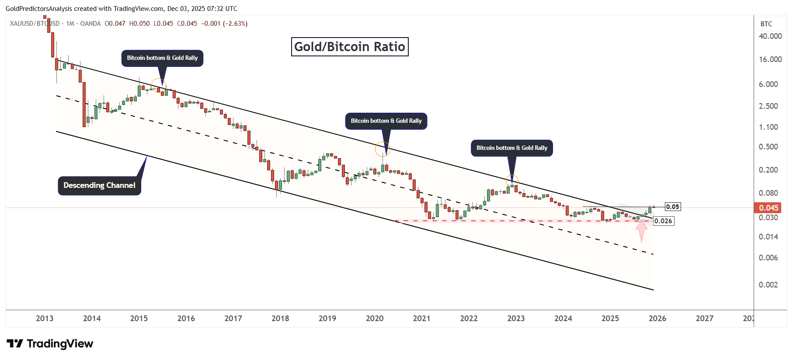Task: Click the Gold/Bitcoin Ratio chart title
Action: coord(350,47)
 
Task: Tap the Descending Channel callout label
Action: coord(99,185)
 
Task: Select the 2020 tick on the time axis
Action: coord(375,318)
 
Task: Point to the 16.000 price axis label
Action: coord(770,59)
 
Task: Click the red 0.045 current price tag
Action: coord(768,208)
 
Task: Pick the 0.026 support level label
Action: coord(663,221)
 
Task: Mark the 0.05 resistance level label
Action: coord(672,207)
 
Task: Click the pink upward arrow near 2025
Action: coord(641,230)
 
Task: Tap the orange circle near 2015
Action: coord(158,85)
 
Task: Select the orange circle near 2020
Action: coord(383,149)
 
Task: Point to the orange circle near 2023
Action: coord(512,180)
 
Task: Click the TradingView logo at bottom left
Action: coord(50,344)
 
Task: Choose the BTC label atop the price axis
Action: coord(766,24)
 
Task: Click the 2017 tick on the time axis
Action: coord(233,318)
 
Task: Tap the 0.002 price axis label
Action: coord(768,285)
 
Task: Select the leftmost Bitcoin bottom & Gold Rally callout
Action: coord(162,58)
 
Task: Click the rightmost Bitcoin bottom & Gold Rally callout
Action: coord(511,148)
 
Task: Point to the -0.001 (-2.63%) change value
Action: coord(224,24)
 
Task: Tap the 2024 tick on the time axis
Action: coord(563,318)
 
